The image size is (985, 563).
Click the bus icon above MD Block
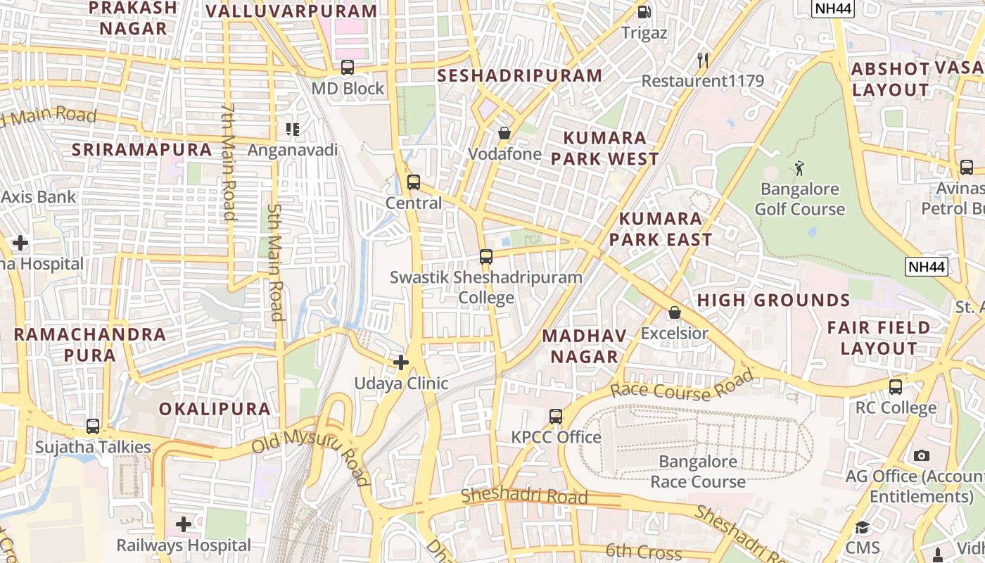[348, 68]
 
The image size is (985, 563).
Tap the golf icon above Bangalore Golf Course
[799, 168]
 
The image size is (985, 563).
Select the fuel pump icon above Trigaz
[644, 12]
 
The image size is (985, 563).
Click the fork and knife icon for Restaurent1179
[702, 60]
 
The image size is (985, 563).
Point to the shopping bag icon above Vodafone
[504, 133]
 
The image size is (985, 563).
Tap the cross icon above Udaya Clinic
[401, 362]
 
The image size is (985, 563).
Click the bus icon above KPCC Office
[556, 417]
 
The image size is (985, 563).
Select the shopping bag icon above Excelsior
[675, 312]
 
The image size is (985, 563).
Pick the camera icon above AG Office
[922, 455]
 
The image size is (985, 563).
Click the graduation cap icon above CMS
[863, 527]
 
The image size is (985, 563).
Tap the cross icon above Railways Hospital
[184, 524]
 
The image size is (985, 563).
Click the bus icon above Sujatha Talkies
[93, 426]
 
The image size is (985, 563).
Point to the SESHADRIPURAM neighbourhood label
[520, 76]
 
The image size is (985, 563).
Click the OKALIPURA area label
[215, 409]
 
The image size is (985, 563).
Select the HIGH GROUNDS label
[773, 301]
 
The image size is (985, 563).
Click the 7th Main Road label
[228, 162]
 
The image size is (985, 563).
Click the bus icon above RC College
[896, 387]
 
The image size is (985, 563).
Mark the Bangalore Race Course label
[698, 472]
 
